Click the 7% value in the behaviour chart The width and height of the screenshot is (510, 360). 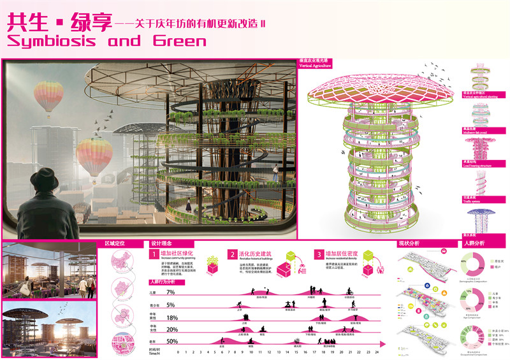tap(170, 292)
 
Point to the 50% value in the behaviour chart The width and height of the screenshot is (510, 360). tap(171, 342)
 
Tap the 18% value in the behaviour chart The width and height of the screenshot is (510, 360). tap(171, 317)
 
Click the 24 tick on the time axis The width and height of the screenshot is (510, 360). tap(377, 352)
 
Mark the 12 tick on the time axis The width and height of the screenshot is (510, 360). tap(277, 352)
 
